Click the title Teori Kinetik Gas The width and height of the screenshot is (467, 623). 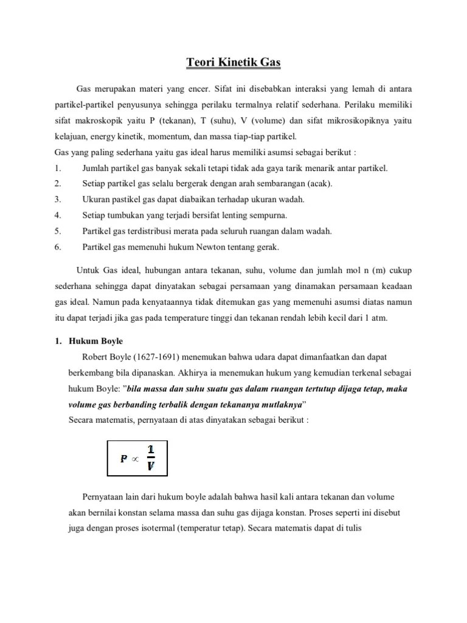233,61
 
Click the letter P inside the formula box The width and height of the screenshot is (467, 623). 123,459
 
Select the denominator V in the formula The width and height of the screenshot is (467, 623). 151,467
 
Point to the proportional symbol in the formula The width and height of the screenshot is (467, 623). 136,460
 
